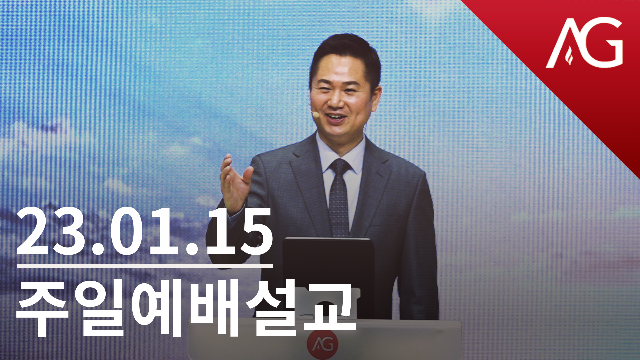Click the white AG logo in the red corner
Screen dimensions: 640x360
[x=584, y=43]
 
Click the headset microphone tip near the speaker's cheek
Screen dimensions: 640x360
[x=315, y=115]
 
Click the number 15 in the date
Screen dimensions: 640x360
[x=237, y=231]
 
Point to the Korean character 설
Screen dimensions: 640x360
[x=273, y=309]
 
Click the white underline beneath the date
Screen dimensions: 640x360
[x=145, y=266]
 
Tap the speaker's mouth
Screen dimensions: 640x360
[x=337, y=118]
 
